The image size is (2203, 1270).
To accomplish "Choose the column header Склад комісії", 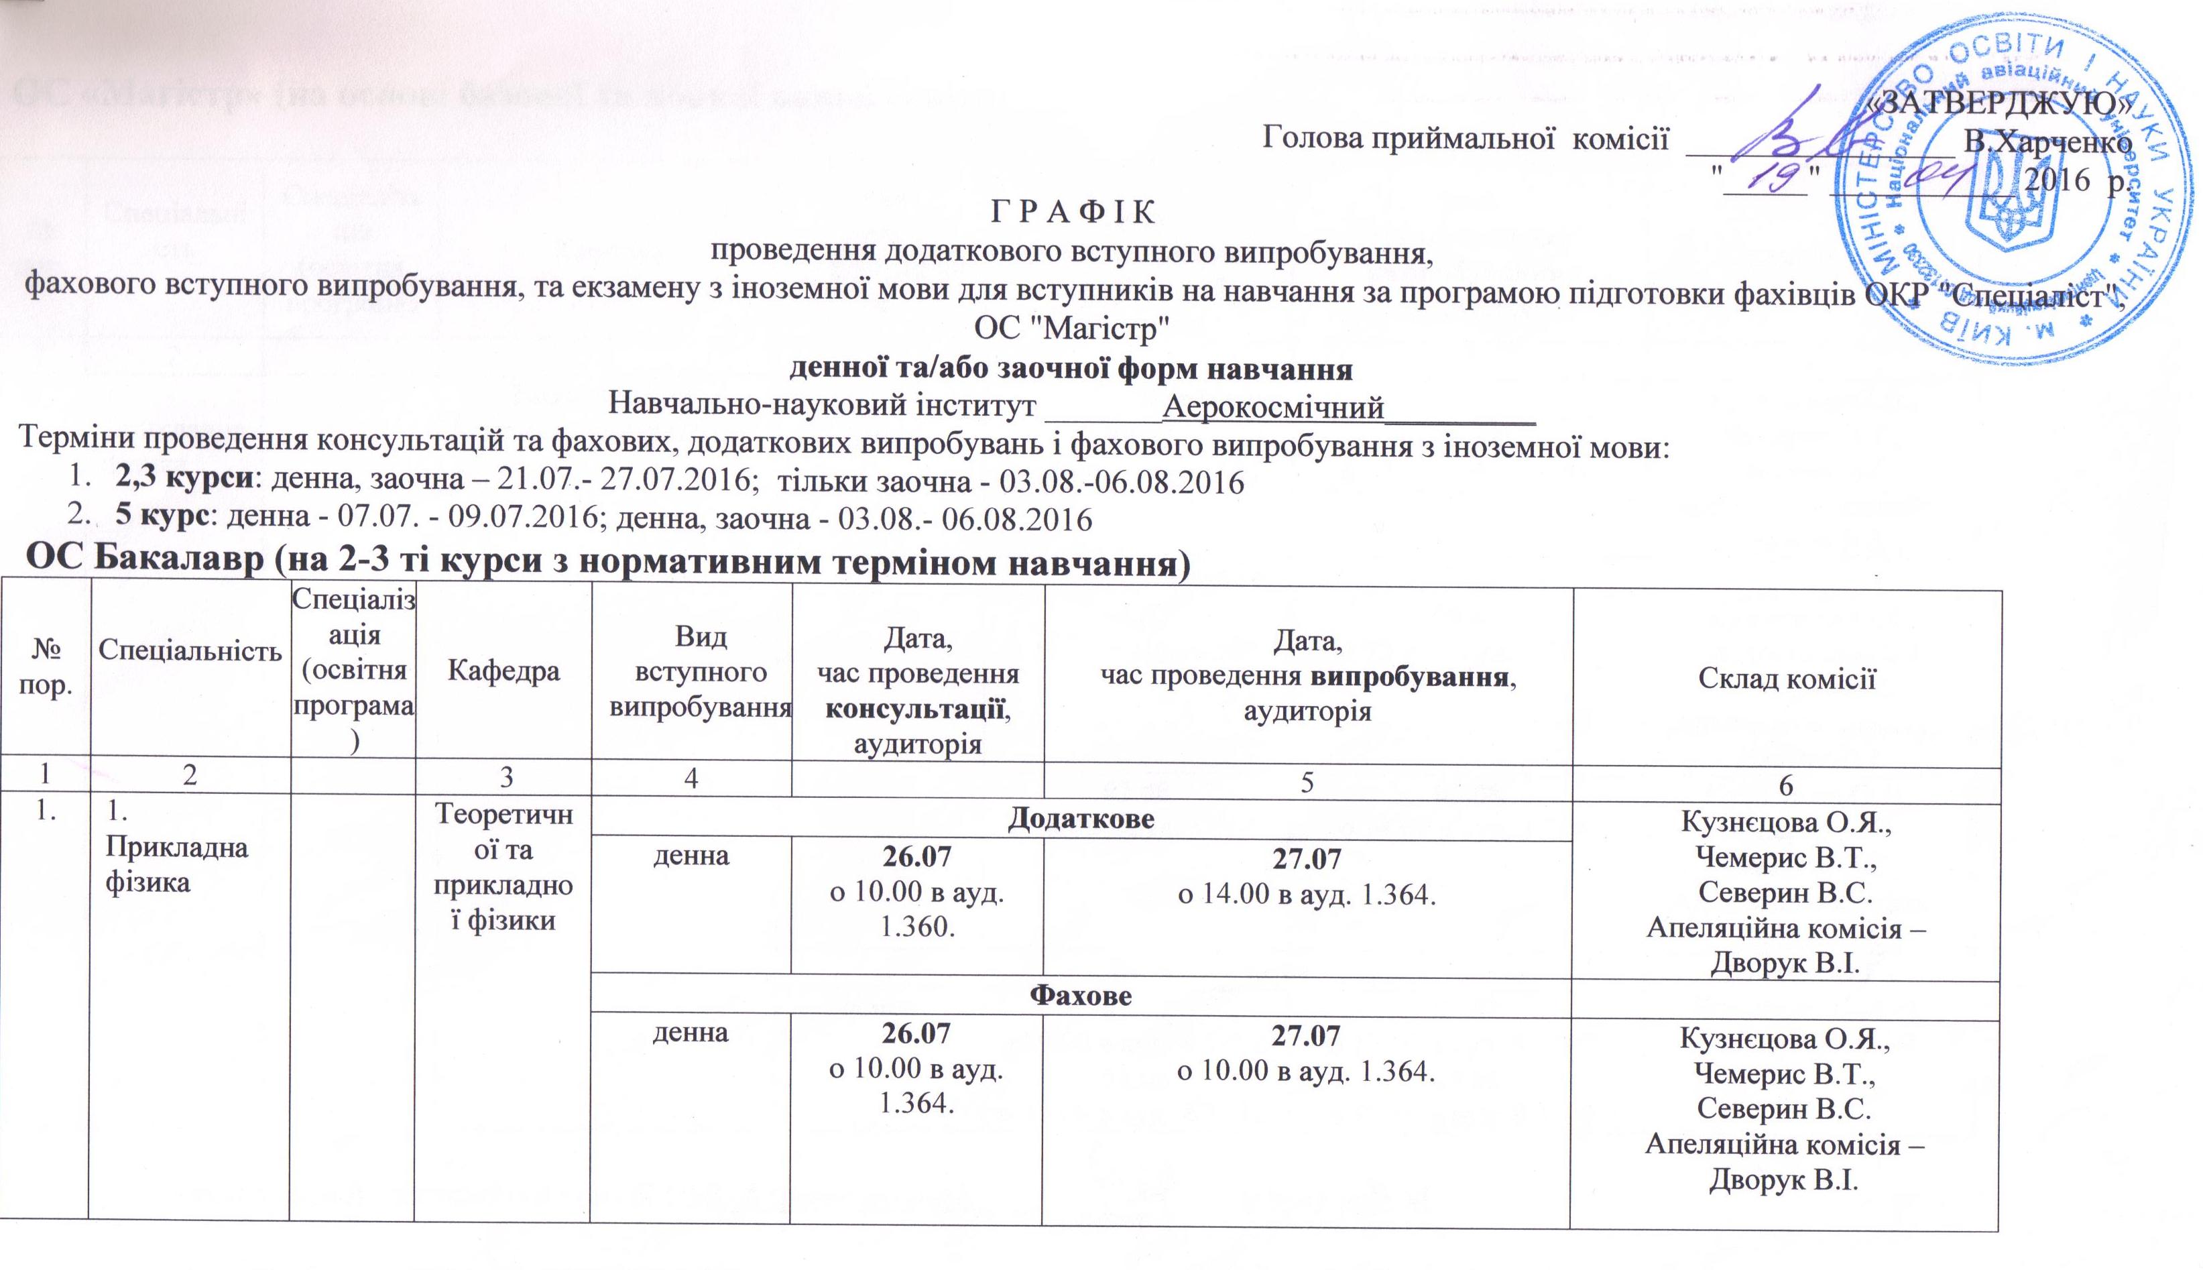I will tap(1785, 679).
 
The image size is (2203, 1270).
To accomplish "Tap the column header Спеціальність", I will tap(189, 649).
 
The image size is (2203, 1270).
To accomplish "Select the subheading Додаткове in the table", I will tap(1081, 819).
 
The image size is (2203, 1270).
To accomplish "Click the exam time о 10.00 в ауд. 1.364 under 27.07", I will tap(1305, 1071).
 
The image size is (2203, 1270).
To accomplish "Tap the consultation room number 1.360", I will tap(916, 926).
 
